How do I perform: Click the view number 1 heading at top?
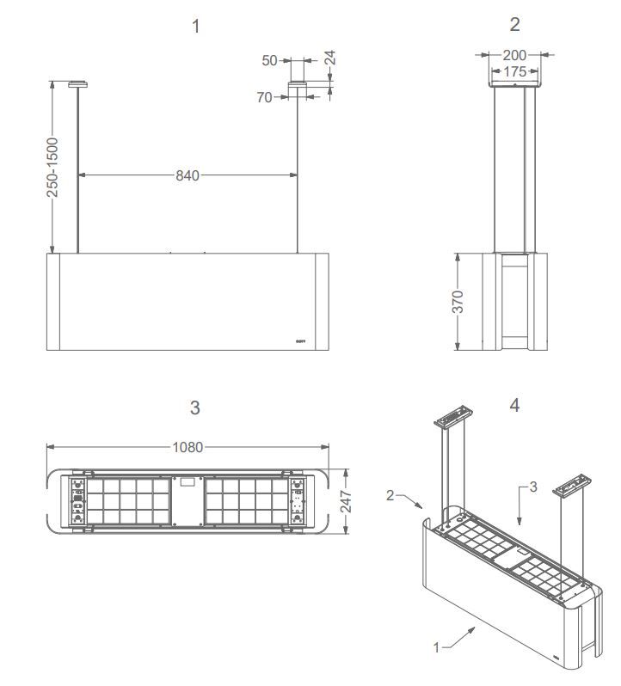click(195, 27)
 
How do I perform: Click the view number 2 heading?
click(514, 24)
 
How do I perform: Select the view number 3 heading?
click(195, 407)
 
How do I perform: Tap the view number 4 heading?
click(514, 405)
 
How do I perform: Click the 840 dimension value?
click(188, 175)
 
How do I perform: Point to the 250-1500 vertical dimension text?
click(53, 167)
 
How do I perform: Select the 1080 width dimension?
click(188, 447)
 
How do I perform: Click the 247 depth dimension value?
click(346, 501)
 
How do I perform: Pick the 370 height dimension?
click(458, 302)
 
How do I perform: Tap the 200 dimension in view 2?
click(514, 55)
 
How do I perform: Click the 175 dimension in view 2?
click(514, 71)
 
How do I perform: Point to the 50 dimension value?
click(270, 61)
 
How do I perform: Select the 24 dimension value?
click(330, 59)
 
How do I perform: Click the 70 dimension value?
click(264, 98)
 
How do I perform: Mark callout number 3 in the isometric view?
click(532, 487)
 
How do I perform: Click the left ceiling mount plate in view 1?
click(79, 84)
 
